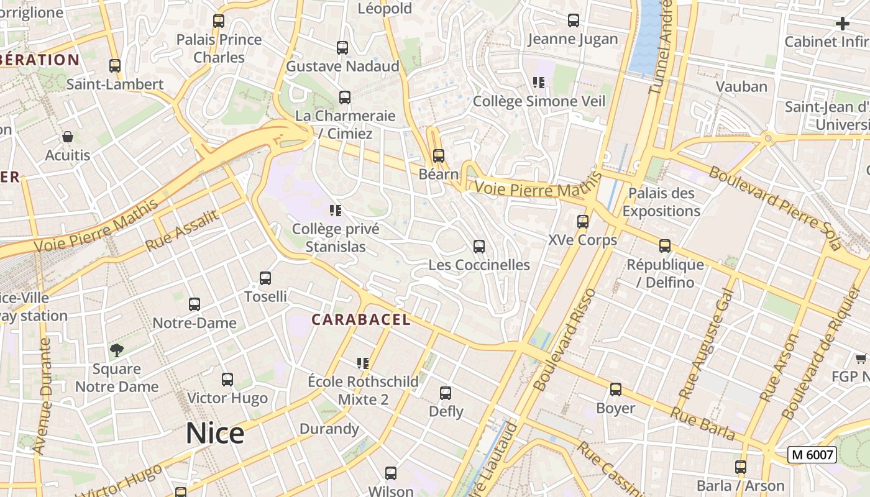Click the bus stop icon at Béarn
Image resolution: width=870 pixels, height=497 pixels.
[439, 156]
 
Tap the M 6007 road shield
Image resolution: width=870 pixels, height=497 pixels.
[812, 455]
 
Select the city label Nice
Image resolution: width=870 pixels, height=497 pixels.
[215, 433]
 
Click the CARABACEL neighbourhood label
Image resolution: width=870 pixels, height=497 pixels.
[361, 320]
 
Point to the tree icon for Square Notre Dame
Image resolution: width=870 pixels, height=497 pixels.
[116, 350]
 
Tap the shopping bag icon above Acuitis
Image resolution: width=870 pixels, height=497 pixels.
[67, 137]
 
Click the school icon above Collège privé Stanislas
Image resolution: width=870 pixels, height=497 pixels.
[336, 211]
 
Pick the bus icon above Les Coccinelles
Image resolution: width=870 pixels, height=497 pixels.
[479, 247]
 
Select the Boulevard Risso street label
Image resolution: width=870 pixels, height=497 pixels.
[564, 339]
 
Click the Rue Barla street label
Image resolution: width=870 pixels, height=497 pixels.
[703, 422]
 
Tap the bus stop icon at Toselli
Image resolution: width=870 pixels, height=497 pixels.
[265, 278]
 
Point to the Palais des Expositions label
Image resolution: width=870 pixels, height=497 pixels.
[661, 202]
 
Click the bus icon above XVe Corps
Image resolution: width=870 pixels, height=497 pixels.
[583, 222]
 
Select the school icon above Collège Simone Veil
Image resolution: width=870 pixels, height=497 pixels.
[539, 83]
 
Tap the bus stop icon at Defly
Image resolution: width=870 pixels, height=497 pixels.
[446, 393]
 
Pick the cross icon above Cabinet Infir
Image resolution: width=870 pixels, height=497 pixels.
[843, 24]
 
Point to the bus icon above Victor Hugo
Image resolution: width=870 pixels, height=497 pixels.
[227, 380]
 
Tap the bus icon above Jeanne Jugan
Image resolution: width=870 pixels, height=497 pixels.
[574, 21]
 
